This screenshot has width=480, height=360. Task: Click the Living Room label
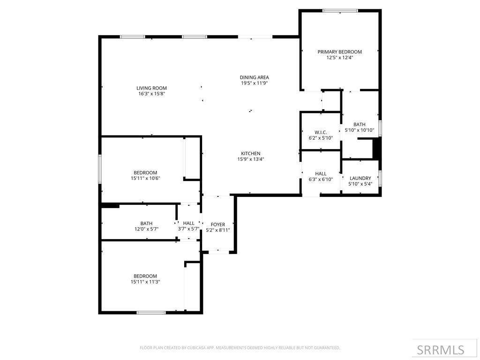pyautogui.click(x=151, y=88)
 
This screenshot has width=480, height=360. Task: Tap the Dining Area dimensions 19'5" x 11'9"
pyautogui.click(x=254, y=83)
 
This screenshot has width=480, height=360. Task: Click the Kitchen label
pyautogui.click(x=250, y=154)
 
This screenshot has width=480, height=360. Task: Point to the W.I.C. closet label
pyautogui.click(x=321, y=132)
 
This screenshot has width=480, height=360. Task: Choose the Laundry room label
pyautogui.click(x=360, y=178)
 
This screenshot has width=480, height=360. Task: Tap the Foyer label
pyautogui.click(x=218, y=225)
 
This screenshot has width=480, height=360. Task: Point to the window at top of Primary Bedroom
pyautogui.click(x=340, y=10)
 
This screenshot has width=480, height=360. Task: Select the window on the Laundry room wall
pyautogui.click(x=380, y=178)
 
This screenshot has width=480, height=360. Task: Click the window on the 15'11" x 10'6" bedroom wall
pyautogui.click(x=100, y=169)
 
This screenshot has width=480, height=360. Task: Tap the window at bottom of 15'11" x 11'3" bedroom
pyautogui.click(x=151, y=312)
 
